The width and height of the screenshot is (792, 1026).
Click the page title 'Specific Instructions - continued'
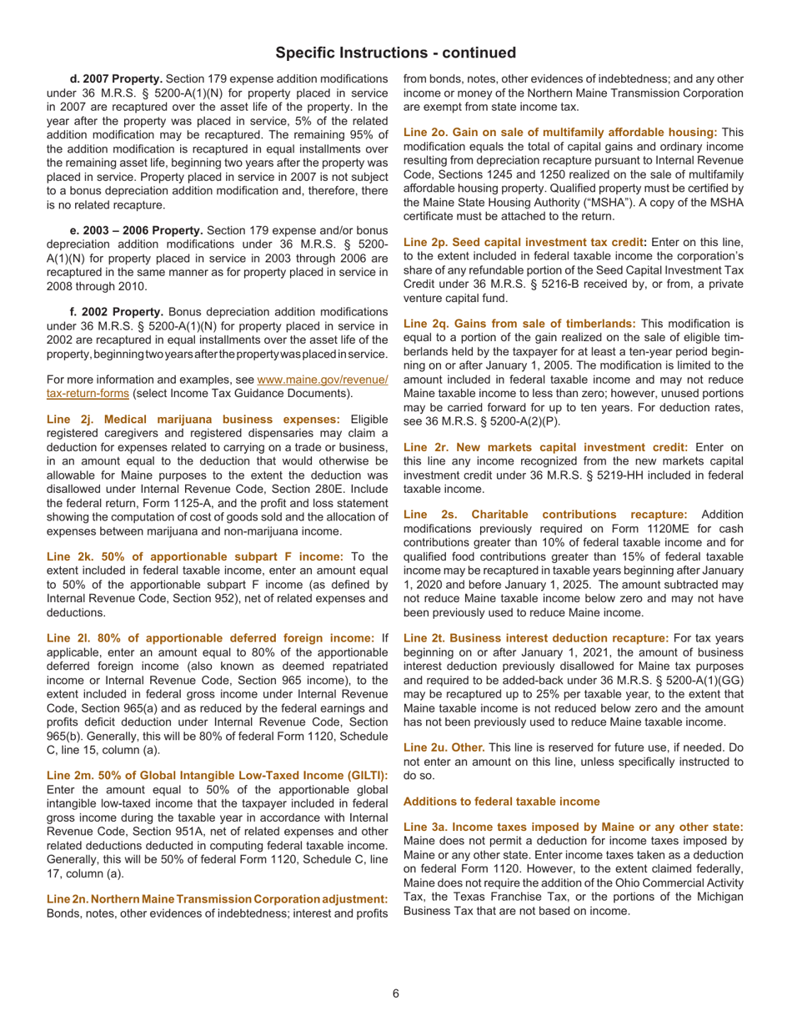[x=396, y=53]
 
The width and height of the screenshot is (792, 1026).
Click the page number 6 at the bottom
[x=397, y=993]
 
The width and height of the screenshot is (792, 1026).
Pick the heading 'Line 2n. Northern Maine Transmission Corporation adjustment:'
[x=217, y=898]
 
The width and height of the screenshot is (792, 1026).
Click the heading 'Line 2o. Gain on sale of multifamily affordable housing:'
[x=560, y=133]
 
